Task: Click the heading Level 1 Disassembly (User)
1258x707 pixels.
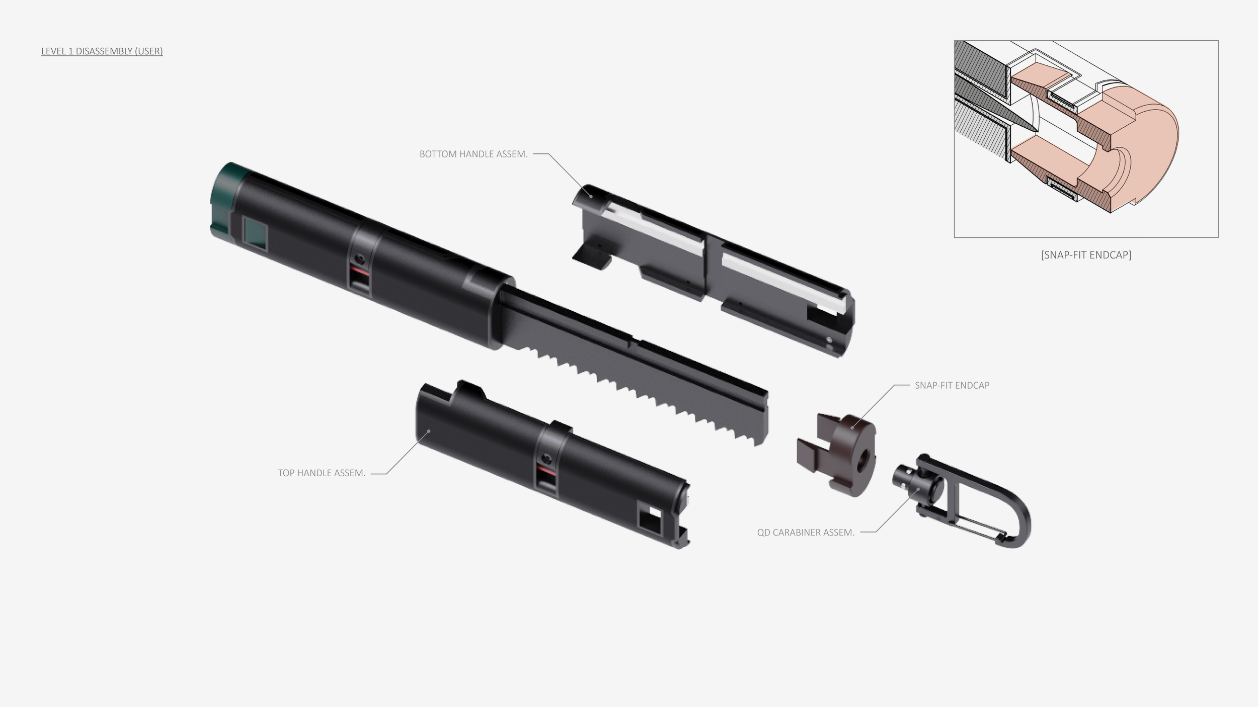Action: (x=102, y=51)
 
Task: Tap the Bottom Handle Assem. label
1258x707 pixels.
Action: (x=474, y=154)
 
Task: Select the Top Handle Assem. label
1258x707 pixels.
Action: (x=322, y=473)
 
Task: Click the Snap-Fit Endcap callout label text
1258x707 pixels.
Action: (x=952, y=386)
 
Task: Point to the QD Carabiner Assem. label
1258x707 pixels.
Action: (x=806, y=533)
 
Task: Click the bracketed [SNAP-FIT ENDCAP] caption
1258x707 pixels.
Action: (x=1086, y=255)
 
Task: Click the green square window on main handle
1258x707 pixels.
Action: (x=255, y=232)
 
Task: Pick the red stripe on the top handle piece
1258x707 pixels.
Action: (x=546, y=471)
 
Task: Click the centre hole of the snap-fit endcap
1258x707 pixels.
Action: (x=861, y=458)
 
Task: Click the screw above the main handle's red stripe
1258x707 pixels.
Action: (x=359, y=258)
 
